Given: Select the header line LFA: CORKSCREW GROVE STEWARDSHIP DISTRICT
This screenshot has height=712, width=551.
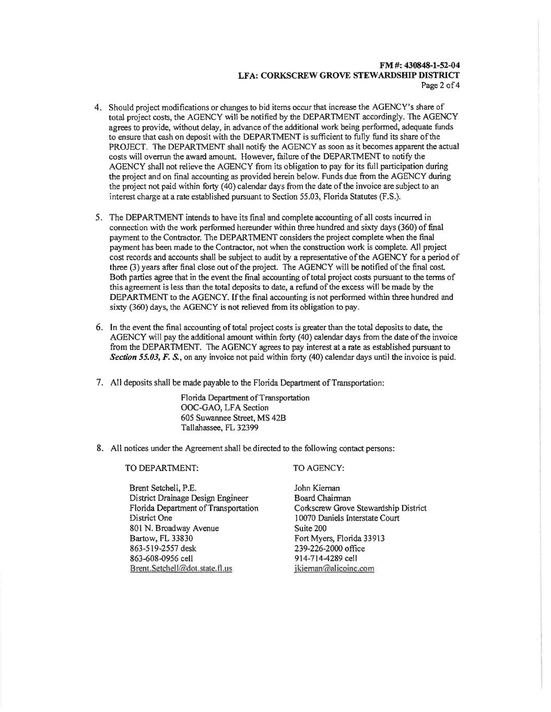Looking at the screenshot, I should [348, 75].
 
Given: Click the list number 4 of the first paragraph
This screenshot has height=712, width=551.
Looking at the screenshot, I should [98, 107].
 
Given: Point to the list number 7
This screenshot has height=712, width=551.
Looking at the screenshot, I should [99, 382].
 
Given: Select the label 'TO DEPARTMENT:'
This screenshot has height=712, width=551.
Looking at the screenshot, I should [162, 468].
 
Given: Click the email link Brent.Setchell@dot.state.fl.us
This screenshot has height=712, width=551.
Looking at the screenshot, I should [181, 568].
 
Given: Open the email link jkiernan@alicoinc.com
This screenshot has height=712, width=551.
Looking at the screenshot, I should [334, 568].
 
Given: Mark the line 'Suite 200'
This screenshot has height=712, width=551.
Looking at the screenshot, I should [310, 528].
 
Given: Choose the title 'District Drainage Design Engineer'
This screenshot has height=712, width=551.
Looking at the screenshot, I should [189, 498].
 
